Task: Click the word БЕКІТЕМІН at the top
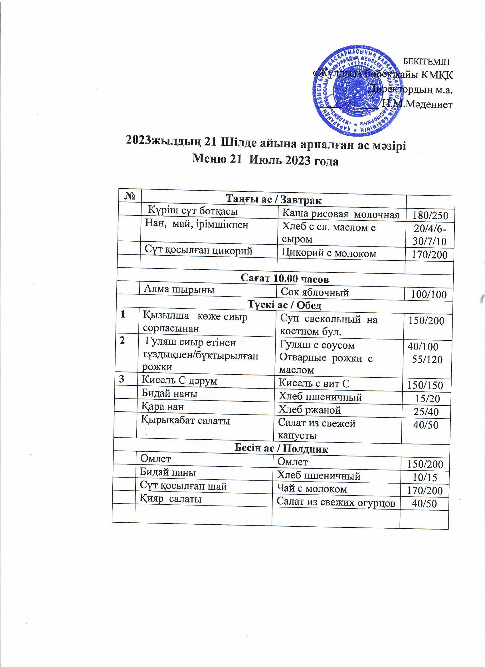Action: (426, 62)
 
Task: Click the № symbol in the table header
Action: (130, 196)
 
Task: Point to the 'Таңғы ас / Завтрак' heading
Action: (274, 200)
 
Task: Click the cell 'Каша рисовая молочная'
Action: (341, 215)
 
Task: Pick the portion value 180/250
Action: (430, 216)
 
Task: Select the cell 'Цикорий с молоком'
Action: (329, 253)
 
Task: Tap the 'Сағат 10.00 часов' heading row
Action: (284, 278)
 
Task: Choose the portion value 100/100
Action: (429, 294)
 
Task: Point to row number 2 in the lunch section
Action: (122, 341)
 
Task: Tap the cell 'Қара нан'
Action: (162, 407)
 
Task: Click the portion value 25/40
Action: (426, 412)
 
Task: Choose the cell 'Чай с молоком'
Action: (312, 489)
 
